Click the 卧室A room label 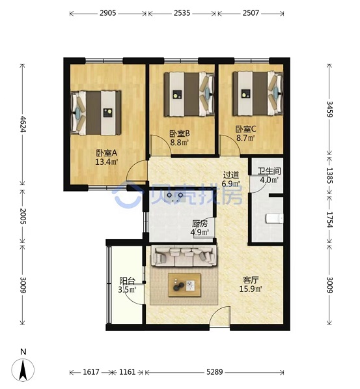106,153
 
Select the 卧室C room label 245,129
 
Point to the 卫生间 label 269,171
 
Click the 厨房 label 200,223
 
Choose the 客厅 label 251,280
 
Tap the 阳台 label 127,281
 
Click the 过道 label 231,175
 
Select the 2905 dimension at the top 108,13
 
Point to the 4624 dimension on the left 23,124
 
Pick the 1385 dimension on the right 329,176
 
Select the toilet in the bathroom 275,218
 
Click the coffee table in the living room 184,285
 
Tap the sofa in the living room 184,256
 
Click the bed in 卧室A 96,113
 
